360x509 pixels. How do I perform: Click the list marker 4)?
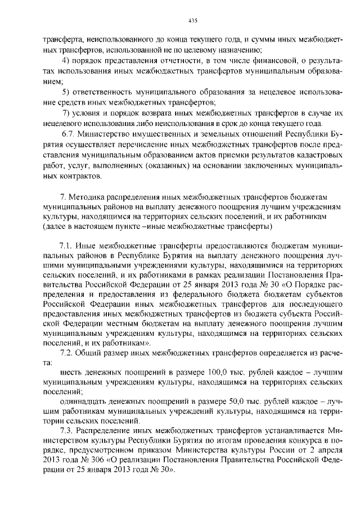pos(65,61)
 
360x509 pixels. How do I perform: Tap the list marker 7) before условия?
pos(65,112)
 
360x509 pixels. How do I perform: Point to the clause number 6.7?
pos(67,135)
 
